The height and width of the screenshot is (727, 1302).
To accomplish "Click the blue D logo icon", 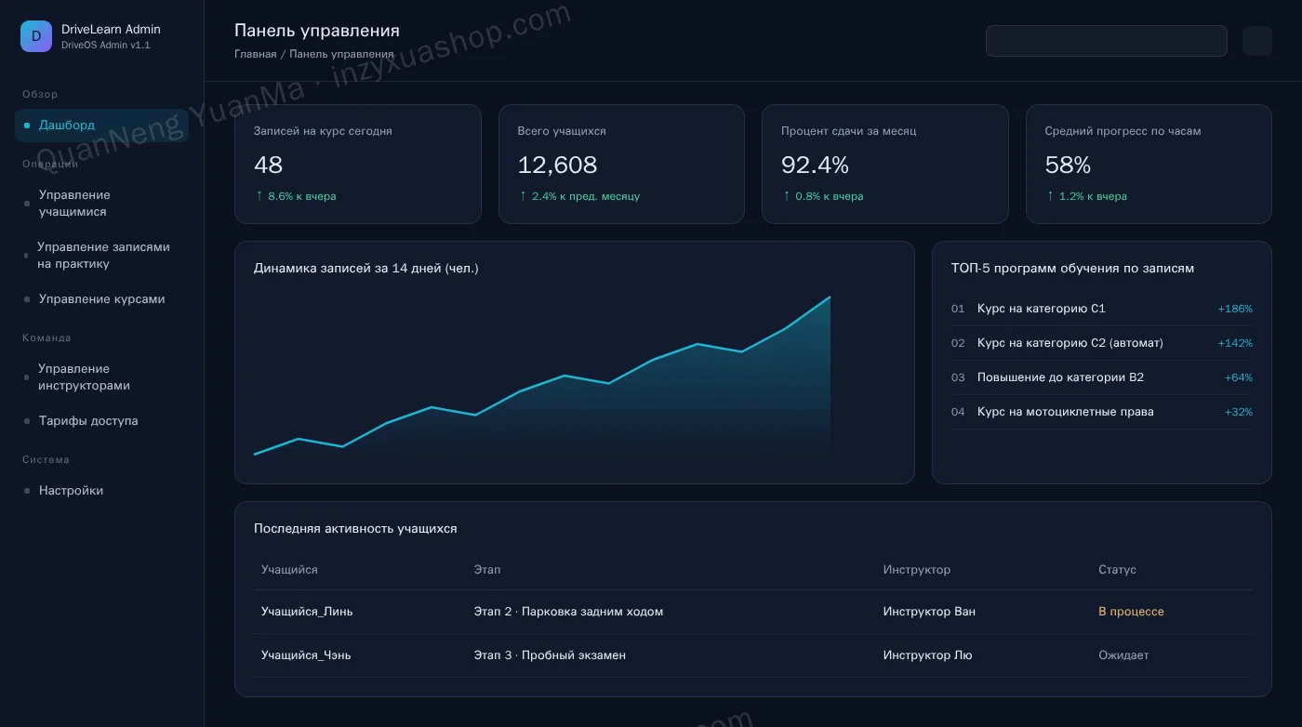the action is point(36,36).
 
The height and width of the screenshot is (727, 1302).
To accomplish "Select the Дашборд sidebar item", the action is point(66,125).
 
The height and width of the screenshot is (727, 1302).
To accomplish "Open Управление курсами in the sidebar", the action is point(101,298).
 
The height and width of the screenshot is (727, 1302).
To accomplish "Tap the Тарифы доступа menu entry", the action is point(88,420).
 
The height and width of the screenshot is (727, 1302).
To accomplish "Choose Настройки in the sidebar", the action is point(71,490).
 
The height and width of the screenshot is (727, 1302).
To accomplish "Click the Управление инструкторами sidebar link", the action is point(84,377).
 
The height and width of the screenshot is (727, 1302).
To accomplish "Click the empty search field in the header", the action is point(1106,41).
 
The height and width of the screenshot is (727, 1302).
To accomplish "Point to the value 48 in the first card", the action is point(268,165).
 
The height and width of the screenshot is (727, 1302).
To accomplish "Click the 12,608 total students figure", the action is point(557,165).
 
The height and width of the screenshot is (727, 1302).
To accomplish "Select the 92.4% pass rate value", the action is point(815,165).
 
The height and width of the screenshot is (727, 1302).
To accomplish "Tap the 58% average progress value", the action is point(1068,165).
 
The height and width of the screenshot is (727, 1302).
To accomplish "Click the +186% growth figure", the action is point(1235,309).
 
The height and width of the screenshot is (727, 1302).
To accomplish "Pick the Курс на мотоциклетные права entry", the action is point(1065,412).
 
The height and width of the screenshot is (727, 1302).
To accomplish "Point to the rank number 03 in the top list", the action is point(957,377).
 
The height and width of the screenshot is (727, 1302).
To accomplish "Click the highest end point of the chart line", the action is point(830,297).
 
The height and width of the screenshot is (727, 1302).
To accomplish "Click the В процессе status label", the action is point(1131,612).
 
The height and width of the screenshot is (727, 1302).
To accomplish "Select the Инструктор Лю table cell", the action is point(927,654).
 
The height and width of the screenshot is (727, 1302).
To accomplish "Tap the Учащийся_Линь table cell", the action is point(306,612).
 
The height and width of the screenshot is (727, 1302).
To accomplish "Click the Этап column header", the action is point(486,570).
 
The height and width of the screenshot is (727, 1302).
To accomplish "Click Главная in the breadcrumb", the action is point(255,54).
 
